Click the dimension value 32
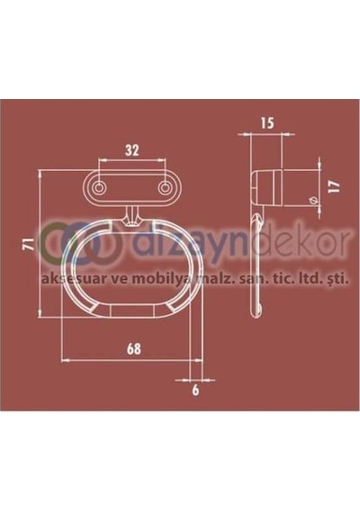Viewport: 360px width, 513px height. (132, 150)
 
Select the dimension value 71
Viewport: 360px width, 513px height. (31, 243)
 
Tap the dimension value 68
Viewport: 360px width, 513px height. (134, 349)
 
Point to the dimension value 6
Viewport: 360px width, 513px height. (195, 391)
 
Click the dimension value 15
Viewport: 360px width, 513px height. (266, 123)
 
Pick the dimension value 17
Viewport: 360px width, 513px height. (335, 186)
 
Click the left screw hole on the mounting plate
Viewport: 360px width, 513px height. (98, 188)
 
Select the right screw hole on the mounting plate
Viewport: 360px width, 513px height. (165, 188)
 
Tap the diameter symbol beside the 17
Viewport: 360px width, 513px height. (314, 200)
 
